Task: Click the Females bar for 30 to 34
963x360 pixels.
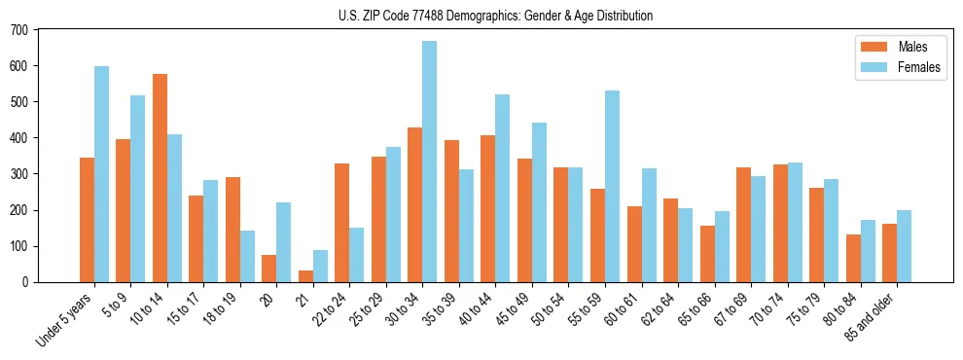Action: tap(430, 162)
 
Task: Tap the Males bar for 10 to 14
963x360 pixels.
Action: tap(160, 178)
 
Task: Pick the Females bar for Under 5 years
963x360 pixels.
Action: tap(101, 174)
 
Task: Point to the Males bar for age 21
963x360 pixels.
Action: tap(305, 276)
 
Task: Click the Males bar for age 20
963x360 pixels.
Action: tap(269, 269)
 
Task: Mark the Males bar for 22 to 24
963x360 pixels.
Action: tap(342, 223)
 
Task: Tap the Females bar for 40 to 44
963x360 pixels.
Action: tap(503, 189)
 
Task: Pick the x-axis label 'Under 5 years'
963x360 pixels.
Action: tap(66, 318)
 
